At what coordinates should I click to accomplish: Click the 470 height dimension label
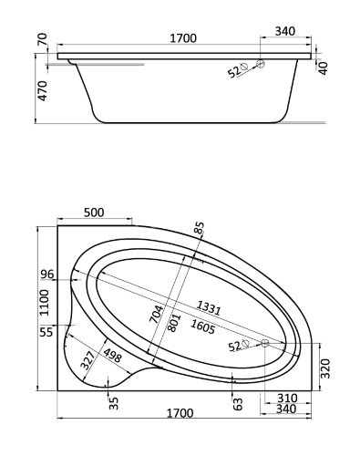pyautogui.click(x=42, y=90)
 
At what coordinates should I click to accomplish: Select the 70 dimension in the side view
pyautogui.click(x=42, y=39)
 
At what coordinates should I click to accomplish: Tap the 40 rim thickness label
pyautogui.click(x=324, y=68)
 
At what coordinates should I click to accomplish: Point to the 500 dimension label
pyautogui.click(x=94, y=212)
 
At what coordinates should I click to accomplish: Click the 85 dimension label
pyautogui.click(x=200, y=228)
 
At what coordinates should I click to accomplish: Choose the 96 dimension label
pyautogui.click(x=47, y=275)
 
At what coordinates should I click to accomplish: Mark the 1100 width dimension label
pyautogui.click(x=44, y=303)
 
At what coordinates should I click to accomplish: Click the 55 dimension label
pyautogui.click(x=46, y=332)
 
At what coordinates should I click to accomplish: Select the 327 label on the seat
pyautogui.click(x=88, y=360)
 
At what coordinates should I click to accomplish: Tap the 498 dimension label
pyautogui.click(x=112, y=356)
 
